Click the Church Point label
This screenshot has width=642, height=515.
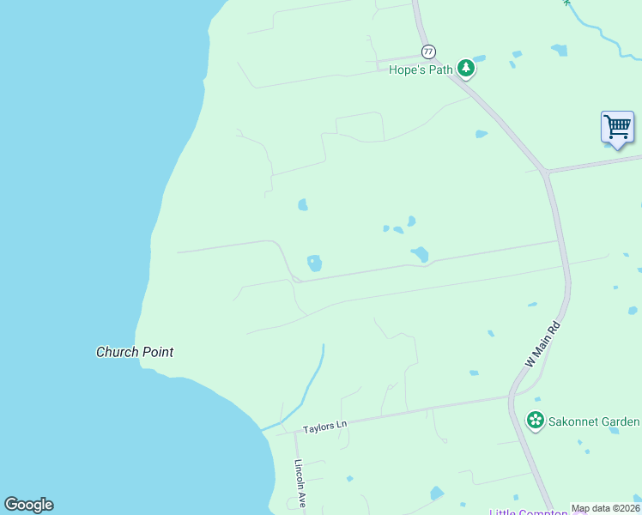pyautogui.click(x=135, y=352)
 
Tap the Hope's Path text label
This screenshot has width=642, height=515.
pyautogui.click(x=421, y=70)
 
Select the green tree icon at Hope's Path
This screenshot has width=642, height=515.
pyautogui.click(x=465, y=67)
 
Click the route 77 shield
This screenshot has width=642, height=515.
pyautogui.click(x=428, y=51)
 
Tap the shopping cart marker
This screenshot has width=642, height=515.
pyautogui.click(x=617, y=127)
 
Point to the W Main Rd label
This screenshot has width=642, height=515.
pyautogui.click(x=542, y=345)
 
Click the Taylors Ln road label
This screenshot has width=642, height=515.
pyautogui.click(x=324, y=425)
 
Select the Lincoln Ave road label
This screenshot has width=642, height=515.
pyautogui.click(x=300, y=484)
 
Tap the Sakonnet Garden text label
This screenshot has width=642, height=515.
pyautogui.click(x=595, y=421)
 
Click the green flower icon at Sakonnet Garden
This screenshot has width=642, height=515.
pyautogui.click(x=536, y=421)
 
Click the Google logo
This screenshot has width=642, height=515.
pyautogui.click(x=28, y=505)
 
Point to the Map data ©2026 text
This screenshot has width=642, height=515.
pyautogui.click(x=606, y=509)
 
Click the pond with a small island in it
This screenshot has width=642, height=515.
pyautogui.click(x=314, y=263)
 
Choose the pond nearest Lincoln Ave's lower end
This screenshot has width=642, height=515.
pyautogui.click(x=349, y=478)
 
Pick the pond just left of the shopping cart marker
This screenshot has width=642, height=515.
pyautogui.click(x=559, y=50)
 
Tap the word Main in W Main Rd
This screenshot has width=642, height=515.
pyautogui.click(x=543, y=343)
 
